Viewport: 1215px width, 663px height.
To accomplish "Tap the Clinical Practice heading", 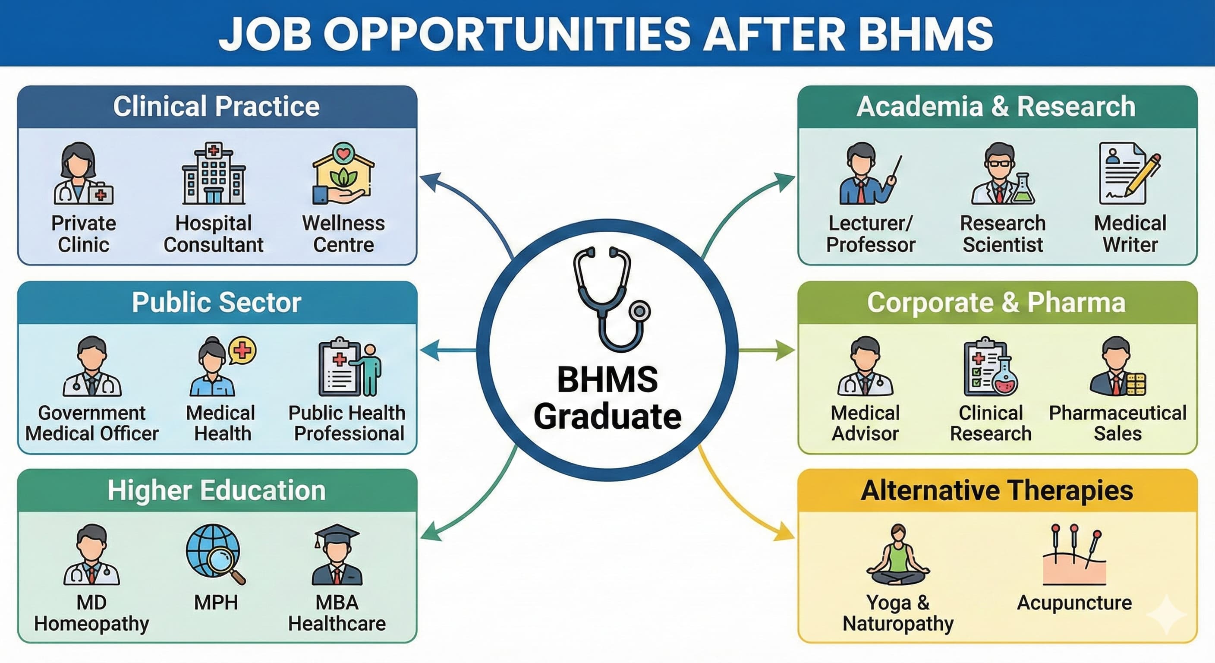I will click(217, 106).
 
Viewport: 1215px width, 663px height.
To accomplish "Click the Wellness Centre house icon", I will click(343, 173).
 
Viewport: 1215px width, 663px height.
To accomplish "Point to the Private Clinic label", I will click(83, 234).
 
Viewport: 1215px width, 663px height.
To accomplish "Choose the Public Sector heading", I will click(217, 302).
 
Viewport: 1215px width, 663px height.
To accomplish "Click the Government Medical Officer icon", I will click(92, 366).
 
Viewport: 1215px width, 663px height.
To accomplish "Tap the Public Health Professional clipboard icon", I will click(349, 366).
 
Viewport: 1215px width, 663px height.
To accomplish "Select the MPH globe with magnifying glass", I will click(214, 553).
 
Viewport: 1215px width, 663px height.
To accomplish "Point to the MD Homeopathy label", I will click(91, 612).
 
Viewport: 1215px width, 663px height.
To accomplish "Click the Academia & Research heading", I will click(996, 106).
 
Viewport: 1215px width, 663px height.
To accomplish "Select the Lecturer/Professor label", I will click(871, 234).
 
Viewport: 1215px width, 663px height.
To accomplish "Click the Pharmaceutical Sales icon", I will click(1117, 366).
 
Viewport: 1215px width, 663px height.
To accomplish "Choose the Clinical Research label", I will click(991, 423).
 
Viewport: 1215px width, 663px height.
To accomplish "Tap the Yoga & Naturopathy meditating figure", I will click(898, 555).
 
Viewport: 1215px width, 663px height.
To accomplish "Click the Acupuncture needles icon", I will click(1074, 555).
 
